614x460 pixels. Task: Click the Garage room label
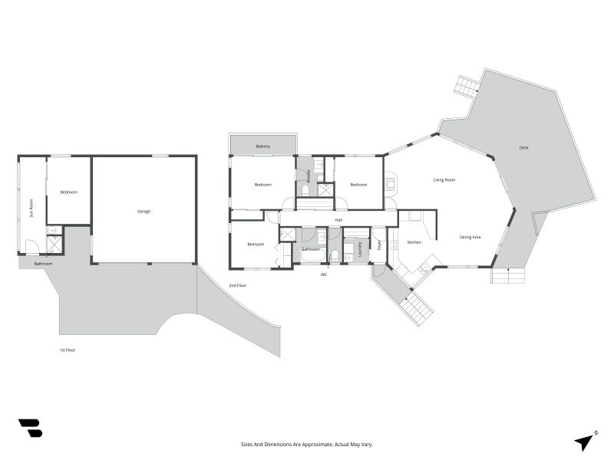click(x=144, y=212)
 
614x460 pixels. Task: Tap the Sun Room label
click(x=31, y=208)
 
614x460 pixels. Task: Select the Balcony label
click(x=263, y=146)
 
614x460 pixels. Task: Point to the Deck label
click(x=524, y=148)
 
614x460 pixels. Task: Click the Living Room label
click(x=444, y=180)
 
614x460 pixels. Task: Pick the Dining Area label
click(x=470, y=237)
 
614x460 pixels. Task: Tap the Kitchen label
click(x=414, y=242)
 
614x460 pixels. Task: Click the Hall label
click(x=338, y=220)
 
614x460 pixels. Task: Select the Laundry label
click(x=360, y=249)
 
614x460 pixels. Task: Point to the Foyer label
click(x=379, y=245)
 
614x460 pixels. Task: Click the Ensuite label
click(x=309, y=176)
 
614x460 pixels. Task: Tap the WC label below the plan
click(x=324, y=274)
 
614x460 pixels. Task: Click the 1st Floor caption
click(x=68, y=350)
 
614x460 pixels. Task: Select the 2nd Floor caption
click(x=238, y=285)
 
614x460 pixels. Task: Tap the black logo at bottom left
click(x=31, y=428)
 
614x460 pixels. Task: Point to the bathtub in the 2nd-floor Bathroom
click(x=312, y=257)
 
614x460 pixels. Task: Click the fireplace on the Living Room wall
click(x=391, y=183)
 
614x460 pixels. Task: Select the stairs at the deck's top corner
click(x=466, y=85)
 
